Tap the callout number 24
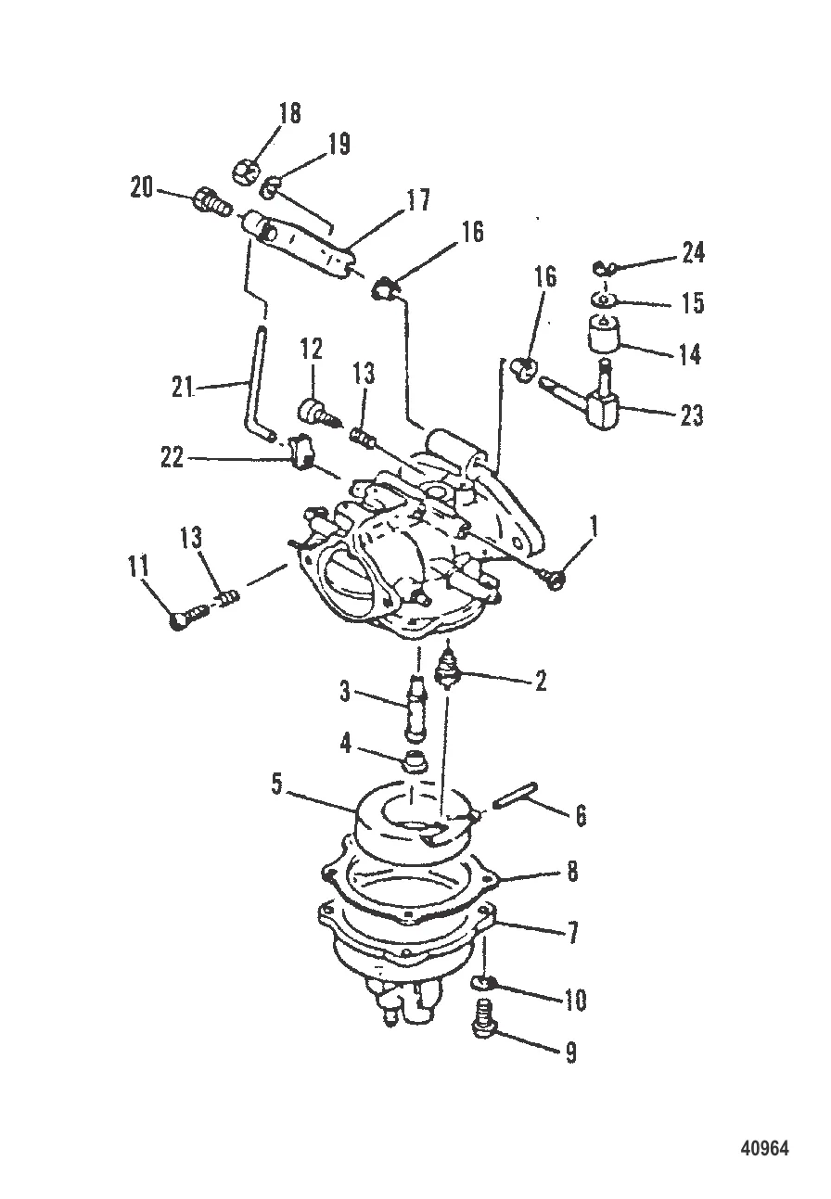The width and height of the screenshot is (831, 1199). point(693,251)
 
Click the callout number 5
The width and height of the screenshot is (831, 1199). point(276,784)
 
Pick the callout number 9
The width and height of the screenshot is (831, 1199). point(570,1052)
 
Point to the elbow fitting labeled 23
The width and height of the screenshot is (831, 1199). point(598,401)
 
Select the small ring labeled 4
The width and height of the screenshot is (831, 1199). point(413,763)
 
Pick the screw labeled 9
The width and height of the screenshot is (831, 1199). point(483,1017)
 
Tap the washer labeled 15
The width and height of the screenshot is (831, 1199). point(605,301)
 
